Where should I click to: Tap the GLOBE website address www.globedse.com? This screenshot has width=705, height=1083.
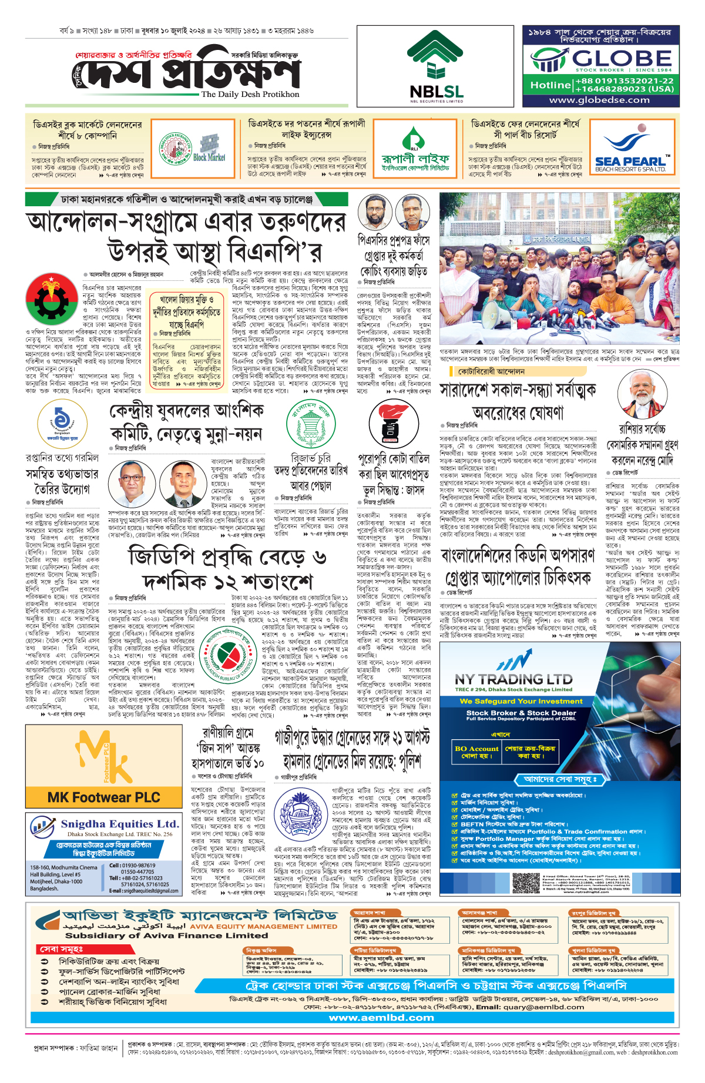[x=599, y=100]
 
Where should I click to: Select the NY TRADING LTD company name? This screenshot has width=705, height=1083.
[x=513, y=679]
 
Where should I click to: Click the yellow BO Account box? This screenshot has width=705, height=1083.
[x=476, y=752]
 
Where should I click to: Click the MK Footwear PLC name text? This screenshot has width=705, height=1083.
[x=103, y=797]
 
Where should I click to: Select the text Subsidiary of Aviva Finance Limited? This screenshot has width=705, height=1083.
[x=166, y=935]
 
